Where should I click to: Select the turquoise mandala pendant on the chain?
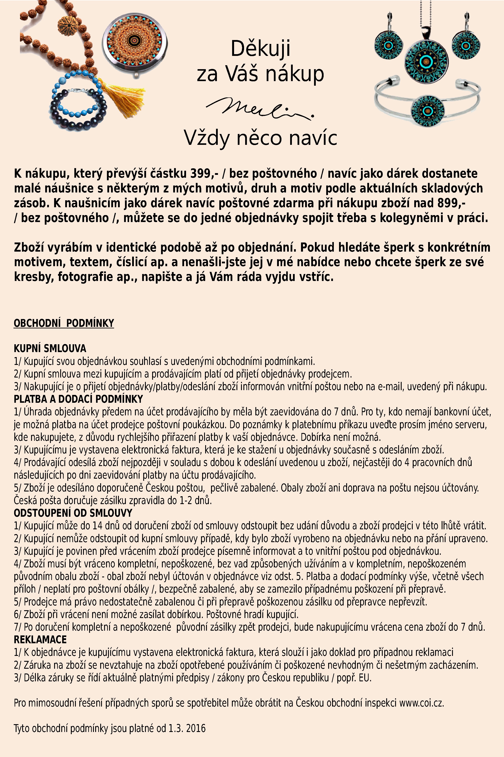tap(426, 60)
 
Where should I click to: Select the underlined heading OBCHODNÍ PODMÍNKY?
tap(64, 323)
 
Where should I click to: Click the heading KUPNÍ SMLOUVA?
tap(50, 348)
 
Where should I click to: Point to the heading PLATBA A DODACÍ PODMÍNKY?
tap(78, 399)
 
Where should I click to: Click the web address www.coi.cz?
tap(421, 703)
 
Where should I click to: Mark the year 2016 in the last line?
tap(195, 728)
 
